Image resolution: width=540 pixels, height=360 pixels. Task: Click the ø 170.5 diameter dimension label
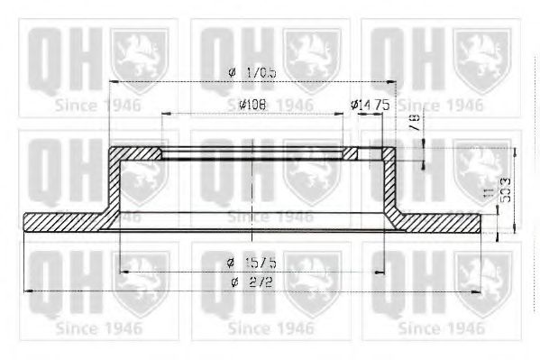pos(249,72)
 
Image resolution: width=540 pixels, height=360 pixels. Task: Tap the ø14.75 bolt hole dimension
pos(369,105)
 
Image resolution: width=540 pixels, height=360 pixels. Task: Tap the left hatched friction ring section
pos(63,220)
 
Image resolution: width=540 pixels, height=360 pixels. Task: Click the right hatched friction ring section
pos(442,220)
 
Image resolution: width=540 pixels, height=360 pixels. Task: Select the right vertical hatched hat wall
pos(387,185)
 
